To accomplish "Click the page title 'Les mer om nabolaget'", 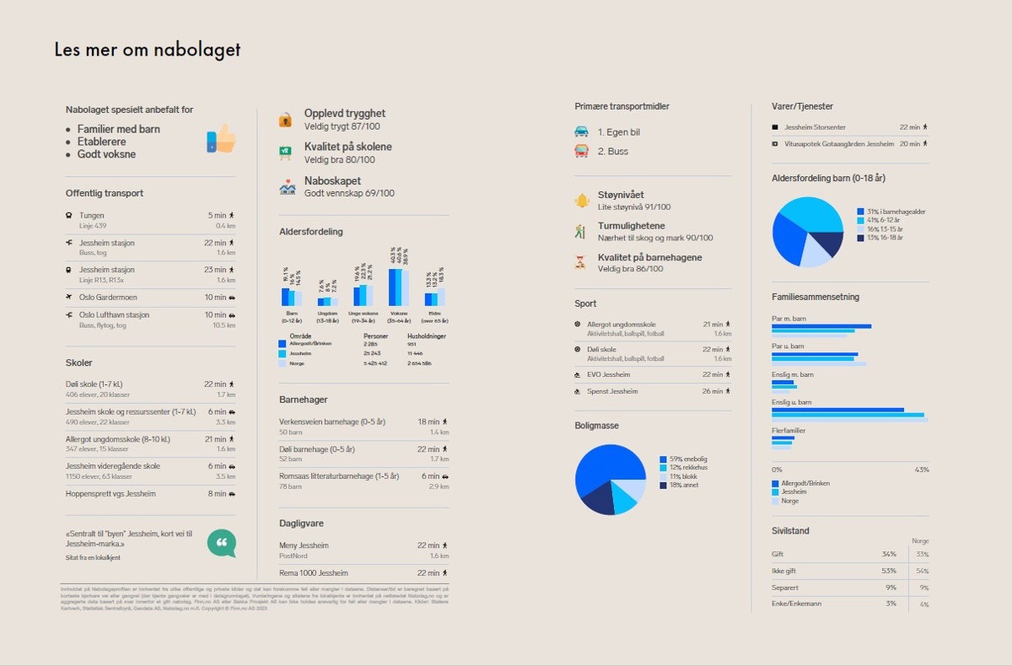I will coord(148,50).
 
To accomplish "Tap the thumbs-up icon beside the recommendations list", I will coord(221,139).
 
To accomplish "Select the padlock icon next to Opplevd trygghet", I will coord(287,120).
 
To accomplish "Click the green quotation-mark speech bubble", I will coord(222,543).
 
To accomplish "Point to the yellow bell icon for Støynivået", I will coord(581,200).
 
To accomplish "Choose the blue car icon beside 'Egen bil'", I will coord(581,132).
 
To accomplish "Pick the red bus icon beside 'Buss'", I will coord(581,151).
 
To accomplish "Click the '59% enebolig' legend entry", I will coord(688,459).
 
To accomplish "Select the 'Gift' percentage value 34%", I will coord(889,554).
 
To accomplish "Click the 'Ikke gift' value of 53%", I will coord(889,571).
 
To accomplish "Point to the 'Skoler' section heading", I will coord(79,363).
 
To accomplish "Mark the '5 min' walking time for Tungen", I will coord(217,215).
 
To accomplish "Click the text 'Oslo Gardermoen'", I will coord(108,297).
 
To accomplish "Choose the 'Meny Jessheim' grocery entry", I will coord(304,545).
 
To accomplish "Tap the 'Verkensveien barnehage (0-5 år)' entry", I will coord(332,422).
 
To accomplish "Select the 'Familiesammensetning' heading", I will coord(815,297).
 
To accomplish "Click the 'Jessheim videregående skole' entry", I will coord(113,466).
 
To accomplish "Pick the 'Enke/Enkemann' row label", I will coord(796,604).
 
